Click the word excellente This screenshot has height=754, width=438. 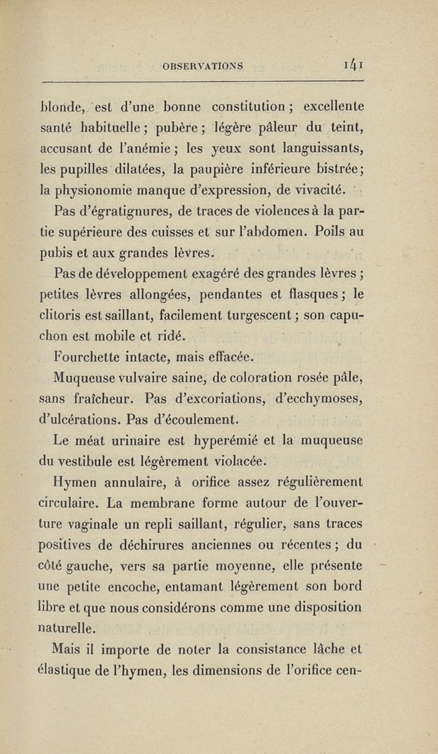[334, 106]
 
